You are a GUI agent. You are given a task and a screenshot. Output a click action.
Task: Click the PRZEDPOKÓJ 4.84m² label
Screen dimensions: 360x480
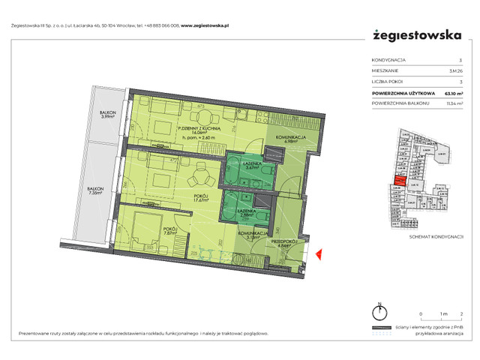click(x=288, y=242)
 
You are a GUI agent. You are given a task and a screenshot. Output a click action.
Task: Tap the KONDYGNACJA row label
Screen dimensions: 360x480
click(x=388, y=60)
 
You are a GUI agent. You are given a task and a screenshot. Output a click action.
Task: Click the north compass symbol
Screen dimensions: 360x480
click(x=379, y=313)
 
